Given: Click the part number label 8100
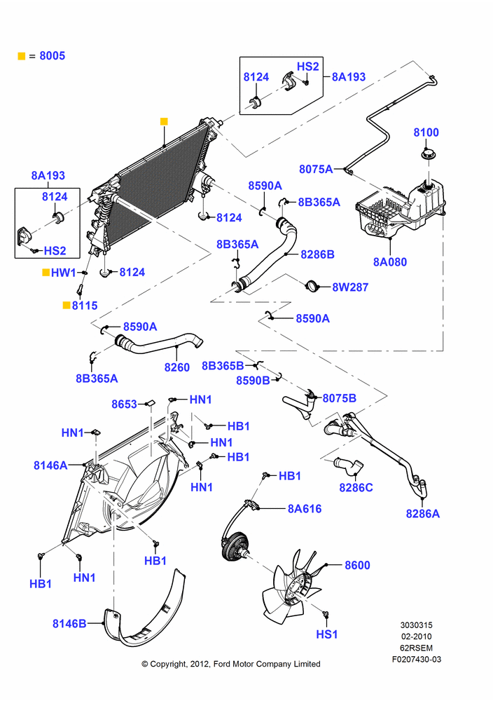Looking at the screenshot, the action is tap(426, 132).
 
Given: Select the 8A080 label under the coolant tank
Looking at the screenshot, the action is tap(390, 262).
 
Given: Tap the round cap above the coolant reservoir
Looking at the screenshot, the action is tap(429, 154).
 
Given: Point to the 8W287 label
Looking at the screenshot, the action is tap(350, 287).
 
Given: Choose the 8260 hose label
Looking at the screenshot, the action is tap(177, 367).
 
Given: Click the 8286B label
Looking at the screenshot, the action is tap(317, 254).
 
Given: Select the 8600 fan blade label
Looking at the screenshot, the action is tap(357, 565).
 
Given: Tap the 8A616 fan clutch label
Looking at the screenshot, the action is tap(305, 508).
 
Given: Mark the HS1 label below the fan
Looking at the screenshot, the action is tap(327, 634).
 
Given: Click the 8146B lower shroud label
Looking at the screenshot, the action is tap(69, 623).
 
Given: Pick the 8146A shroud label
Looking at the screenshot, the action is tap(50, 465).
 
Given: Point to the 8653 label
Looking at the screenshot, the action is tap(124, 404).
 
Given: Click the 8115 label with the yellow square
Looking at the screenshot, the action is tap(85, 306).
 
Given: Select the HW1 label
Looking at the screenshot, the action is tap(64, 273).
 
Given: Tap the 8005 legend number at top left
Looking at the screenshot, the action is tap(53, 56).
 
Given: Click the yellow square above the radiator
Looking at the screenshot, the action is tap(164, 121).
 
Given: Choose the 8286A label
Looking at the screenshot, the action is tap(423, 514).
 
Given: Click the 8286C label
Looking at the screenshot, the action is tap(356, 487).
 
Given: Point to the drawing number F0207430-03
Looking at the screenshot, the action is tap(417, 659).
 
